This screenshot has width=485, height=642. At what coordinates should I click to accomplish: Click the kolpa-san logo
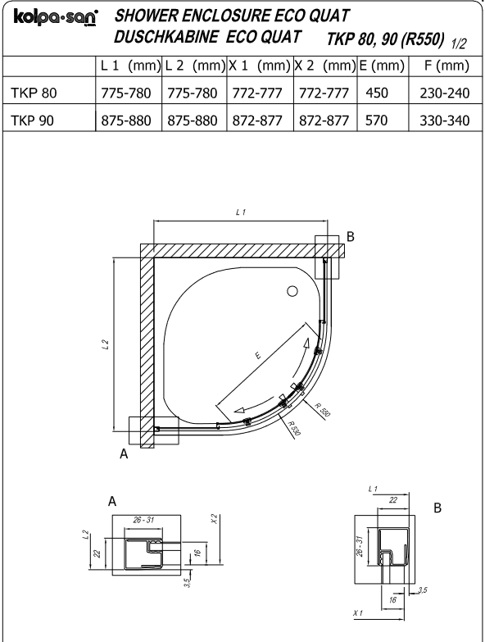click(x=56, y=18)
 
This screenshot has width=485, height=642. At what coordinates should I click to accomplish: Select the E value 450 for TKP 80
click(x=377, y=93)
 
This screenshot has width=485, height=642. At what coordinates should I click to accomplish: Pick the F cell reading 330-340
click(x=445, y=121)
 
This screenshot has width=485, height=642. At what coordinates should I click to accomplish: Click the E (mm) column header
click(x=382, y=66)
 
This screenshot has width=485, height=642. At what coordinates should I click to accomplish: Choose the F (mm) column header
click(x=446, y=66)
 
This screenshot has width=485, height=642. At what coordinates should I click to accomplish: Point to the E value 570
click(x=377, y=121)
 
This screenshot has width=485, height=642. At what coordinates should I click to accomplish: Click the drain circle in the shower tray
click(x=292, y=292)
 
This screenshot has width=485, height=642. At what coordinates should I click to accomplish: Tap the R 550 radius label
click(x=322, y=410)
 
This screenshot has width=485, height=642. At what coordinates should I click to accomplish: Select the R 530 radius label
click(x=293, y=429)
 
